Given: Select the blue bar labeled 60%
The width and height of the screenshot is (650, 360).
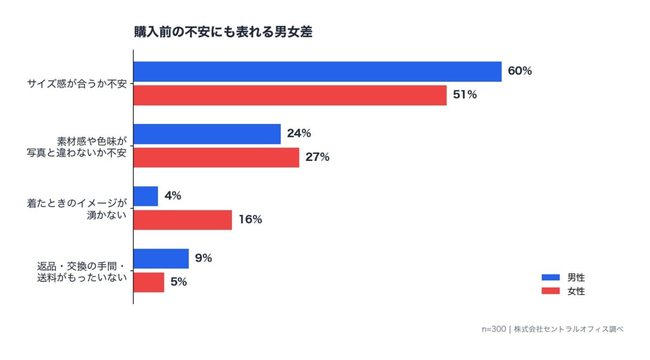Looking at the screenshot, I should coord(317,71).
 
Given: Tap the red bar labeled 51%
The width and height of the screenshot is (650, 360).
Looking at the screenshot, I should coord(290,95).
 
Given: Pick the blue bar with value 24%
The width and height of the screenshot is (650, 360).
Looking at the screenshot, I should coord(207,134).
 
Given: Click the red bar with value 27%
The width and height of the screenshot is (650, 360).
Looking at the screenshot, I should coord(216,158).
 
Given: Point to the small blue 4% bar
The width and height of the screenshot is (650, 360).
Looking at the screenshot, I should coord(146,196).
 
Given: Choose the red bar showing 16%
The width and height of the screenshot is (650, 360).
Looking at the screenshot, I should coord(183,220).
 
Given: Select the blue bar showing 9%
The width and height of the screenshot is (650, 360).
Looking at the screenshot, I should coord(161,259).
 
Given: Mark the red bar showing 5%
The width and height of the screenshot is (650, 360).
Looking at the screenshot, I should coord(149,282).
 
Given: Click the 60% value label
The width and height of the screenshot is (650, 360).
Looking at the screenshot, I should coord(520,71).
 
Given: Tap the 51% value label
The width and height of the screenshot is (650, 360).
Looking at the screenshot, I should coord(465,95).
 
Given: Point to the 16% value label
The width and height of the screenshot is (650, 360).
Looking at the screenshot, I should coord(250,220).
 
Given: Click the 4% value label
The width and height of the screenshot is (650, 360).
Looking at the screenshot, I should coord(173,196).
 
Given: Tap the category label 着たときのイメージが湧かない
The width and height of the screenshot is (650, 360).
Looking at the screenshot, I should coord(77,209).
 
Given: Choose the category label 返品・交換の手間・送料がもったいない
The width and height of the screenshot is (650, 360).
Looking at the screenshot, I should coord(77,271).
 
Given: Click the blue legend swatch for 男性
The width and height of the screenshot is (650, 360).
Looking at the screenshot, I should coord(550,278).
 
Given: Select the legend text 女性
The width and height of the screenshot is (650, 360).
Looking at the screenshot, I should coord(576,291).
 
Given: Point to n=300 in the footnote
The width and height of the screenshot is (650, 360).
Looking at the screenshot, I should coord(493,329).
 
